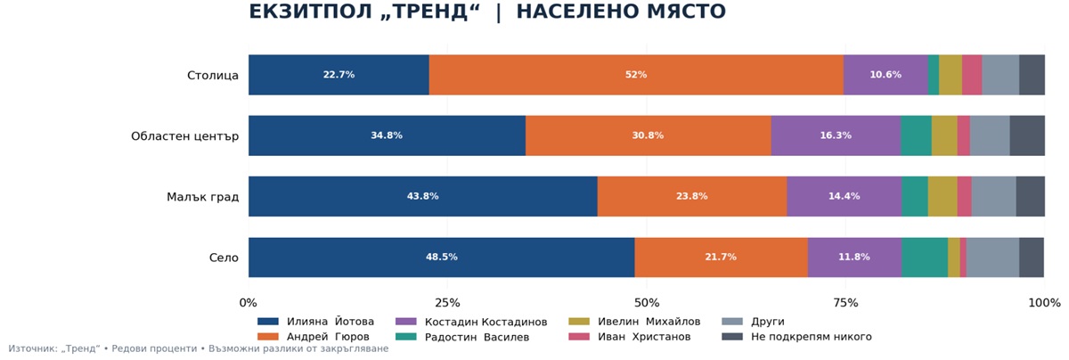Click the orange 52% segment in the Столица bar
pos(636,75)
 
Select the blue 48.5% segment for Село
pos(442,258)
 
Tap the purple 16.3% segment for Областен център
pos(836,135)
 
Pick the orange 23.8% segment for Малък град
pos(692,196)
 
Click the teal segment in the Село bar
pos(925,258)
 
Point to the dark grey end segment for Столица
pos(1032,75)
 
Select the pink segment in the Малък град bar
pos(965,196)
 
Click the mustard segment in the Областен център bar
pos(944,135)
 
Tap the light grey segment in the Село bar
pos(992,258)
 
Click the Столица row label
pos(212,76)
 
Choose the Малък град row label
pos(202,197)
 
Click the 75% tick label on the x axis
pos(845,303)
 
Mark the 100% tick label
pos(1044,303)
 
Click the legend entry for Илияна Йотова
pos(315,322)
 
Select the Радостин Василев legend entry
pos(462,337)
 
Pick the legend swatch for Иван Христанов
pos(579,337)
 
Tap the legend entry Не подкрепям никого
pos(796,337)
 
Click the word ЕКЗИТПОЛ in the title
pos(310,12)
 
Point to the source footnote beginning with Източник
pos(199,348)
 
